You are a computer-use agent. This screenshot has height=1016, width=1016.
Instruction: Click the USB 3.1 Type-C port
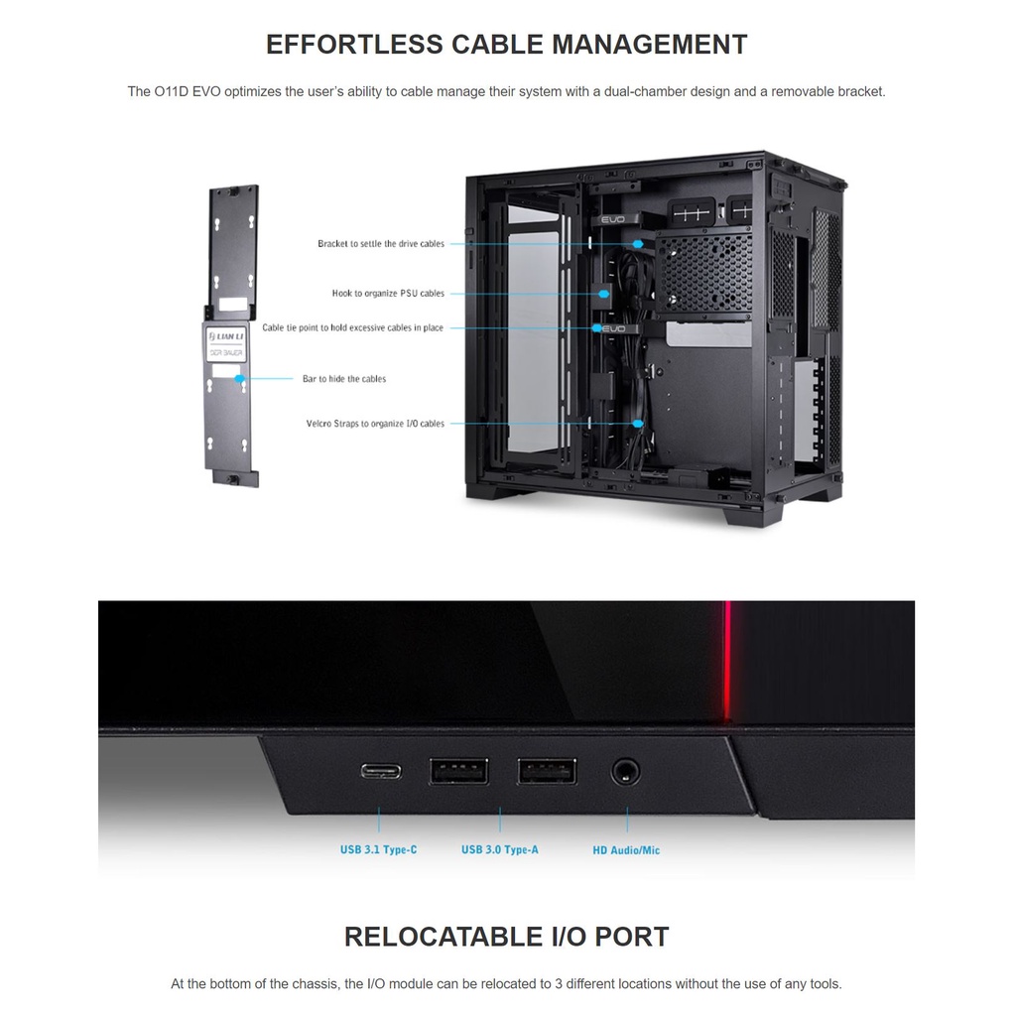pyautogui.click(x=379, y=770)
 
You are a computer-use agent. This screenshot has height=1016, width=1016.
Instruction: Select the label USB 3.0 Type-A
pyautogui.click(x=500, y=850)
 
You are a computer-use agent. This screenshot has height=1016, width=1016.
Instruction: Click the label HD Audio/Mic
pyautogui.click(x=626, y=850)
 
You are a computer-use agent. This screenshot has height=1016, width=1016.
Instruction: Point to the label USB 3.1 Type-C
pyautogui.click(x=378, y=850)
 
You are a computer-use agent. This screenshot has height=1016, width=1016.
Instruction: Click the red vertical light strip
pyautogui.click(x=727, y=660)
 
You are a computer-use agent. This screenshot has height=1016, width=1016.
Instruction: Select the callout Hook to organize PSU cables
pyautogui.click(x=388, y=294)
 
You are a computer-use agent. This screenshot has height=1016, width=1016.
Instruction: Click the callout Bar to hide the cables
pyautogui.click(x=344, y=379)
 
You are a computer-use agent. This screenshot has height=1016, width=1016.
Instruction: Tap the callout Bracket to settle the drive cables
pyautogui.click(x=381, y=244)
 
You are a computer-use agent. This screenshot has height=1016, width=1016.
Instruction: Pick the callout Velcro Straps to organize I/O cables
pyautogui.click(x=375, y=424)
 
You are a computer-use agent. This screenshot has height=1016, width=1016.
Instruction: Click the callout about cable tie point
pyautogui.click(x=352, y=327)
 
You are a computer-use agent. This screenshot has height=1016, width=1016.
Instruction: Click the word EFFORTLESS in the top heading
pyautogui.click(x=354, y=45)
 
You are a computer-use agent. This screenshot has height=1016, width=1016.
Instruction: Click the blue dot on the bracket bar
pyautogui.click(x=239, y=378)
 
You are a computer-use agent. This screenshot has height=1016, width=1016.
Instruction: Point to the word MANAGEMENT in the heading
pyautogui.click(x=649, y=45)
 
